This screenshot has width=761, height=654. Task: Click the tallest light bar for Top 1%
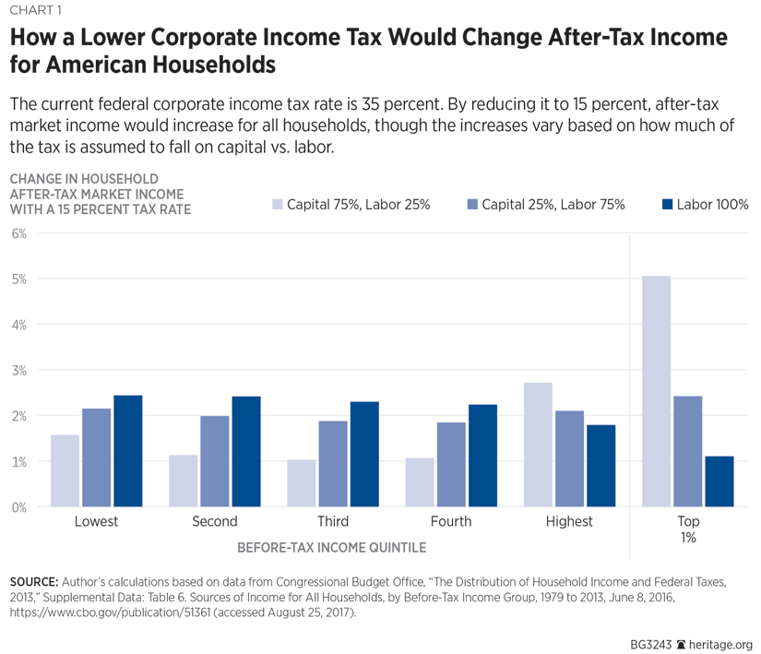pos(656,391)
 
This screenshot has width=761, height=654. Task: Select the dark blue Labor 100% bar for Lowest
pos(127,451)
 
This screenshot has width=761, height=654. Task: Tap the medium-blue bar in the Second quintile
pos(214,461)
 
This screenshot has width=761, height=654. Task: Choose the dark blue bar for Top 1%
pos(719,482)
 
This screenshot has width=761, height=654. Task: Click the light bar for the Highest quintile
pos(538,445)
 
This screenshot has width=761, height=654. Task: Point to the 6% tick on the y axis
pos(19,233)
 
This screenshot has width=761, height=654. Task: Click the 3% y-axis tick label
pos(19,370)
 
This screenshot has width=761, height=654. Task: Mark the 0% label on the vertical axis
pos(19,507)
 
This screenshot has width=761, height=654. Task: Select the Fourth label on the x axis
pos(451,522)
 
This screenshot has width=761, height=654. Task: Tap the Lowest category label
pos(96,522)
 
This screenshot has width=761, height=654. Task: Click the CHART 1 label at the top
pos(35,11)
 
